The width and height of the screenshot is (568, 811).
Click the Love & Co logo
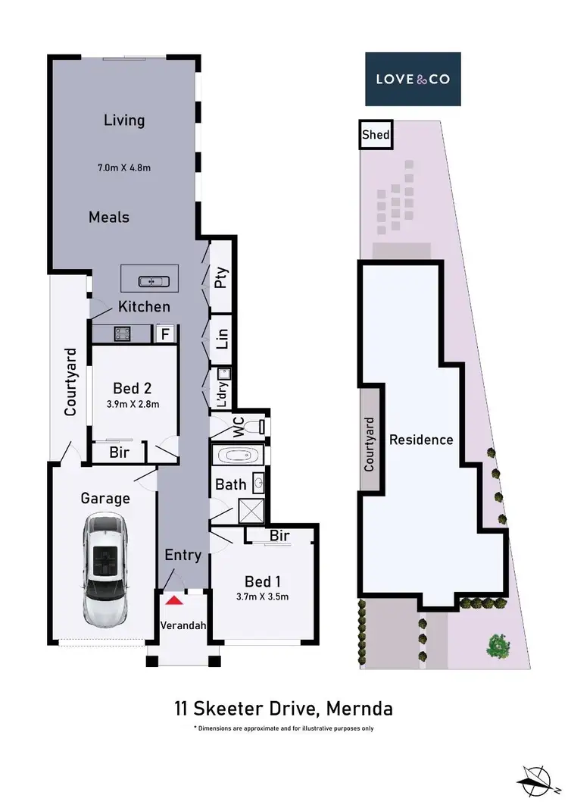click(x=414, y=79)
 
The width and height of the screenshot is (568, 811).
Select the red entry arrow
click(x=175, y=600)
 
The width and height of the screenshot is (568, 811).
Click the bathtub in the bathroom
click(x=236, y=456)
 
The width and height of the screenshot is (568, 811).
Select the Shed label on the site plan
click(x=376, y=136)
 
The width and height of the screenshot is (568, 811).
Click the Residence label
click(x=421, y=440)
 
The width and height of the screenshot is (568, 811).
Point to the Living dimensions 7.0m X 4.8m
click(x=124, y=167)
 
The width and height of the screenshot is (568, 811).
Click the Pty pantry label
click(x=221, y=279)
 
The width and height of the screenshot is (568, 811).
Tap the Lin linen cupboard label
click(x=222, y=339)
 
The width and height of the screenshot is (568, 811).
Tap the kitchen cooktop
click(x=121, y=333)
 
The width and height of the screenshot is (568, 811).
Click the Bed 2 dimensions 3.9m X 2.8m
click(x=133, y=404)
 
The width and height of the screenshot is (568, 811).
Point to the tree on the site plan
click(x=498, y=645)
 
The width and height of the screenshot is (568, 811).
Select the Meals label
click(x=109, y=217)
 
